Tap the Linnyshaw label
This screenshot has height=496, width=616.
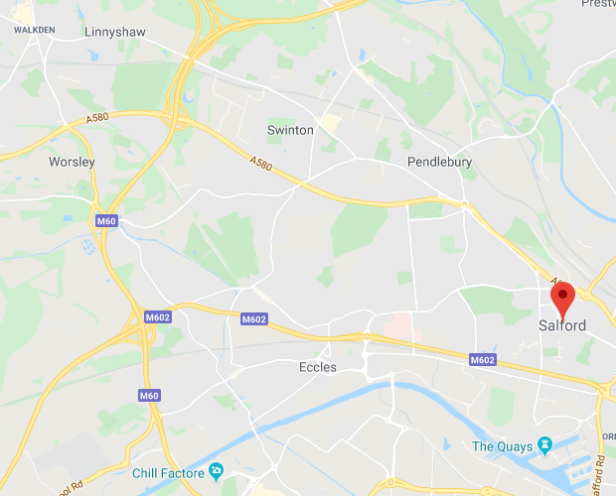pyautogui.click(x=114, y=33)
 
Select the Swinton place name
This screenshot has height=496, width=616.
pyautogui.click(x=290, y=130)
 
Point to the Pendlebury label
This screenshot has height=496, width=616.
pyautogui.click(x=439, y=162)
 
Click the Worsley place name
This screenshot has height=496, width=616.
pyautogui.click(x=72, y=161)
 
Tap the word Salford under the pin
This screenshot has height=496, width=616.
pyautogui.click(x=561, y=325)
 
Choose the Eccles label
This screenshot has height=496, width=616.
pyautogui.click(x=318, y=367)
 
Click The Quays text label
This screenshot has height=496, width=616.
pyautogui.click(x=501, y=445)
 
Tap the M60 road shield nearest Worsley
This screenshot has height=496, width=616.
pyautogui.click(x=106, y=220)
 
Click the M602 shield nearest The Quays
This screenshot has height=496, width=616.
pyautogui.click(x=483, y=359)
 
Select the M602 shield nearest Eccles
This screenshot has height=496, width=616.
pyautogui.click(x=254, y=319)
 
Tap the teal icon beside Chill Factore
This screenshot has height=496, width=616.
pyautogui.click(x=217, y=469)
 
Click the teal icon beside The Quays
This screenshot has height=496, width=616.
pyautogui.click(x=543, y=444)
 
